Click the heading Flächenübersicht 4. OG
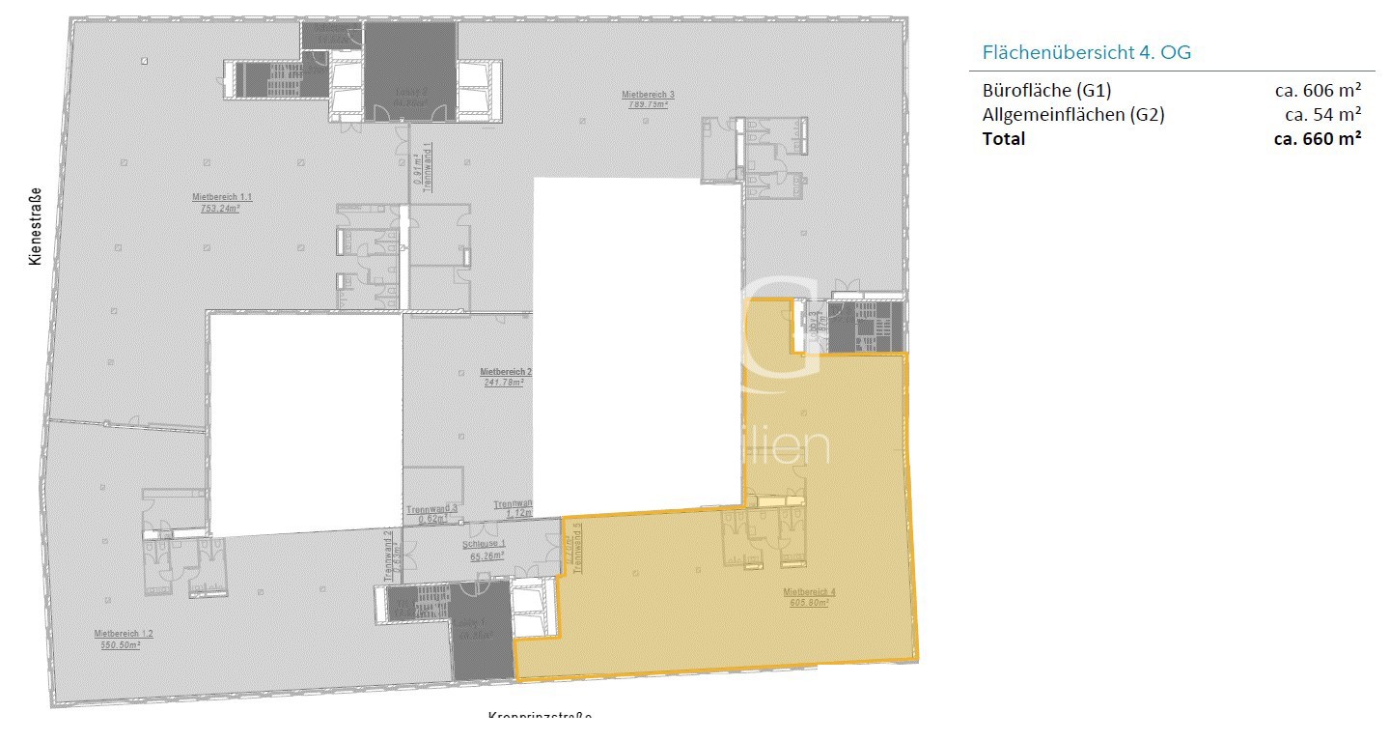click(x=1086, y=52)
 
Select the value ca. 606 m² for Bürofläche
click(x=1318, y=91)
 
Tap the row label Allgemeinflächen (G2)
click(x=1073, y=115)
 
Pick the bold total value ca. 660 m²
click(x=1318, y=138)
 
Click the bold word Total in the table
click(x=1004, y=138)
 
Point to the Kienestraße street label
click(x=35, y=226)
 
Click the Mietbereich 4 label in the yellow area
click(x=809, y=591)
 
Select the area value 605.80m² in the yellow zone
click(x=809, y=602)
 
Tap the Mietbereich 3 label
click(x=648, y=95)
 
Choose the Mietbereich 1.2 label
click(x=124, y=634)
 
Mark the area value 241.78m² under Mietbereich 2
click(x=504, y=382)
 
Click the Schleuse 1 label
click(x=487, y=546)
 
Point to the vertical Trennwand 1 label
click(x=427, y=162)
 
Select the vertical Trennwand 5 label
click(x=577, y=549)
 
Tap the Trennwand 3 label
click(x=431, y=509)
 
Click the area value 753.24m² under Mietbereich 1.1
click(x=220, y=208)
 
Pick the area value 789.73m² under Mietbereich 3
click(x=648, y=104)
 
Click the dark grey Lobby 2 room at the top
click(x=409, y=71)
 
